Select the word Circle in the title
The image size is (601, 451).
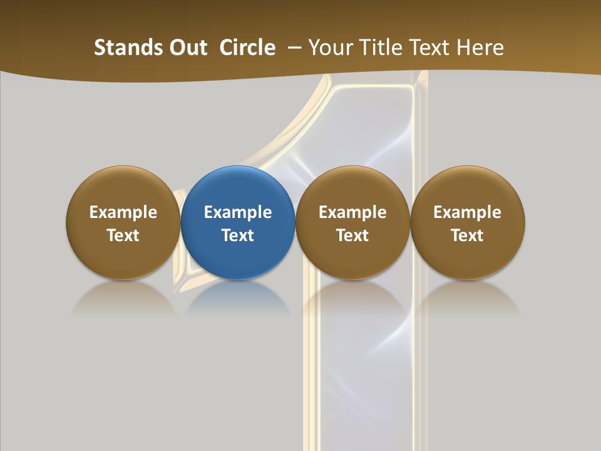pyautogui.click(x=247, y=48)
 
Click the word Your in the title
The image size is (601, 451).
pyautogui.click(x=329, y=48)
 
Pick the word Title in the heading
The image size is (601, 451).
pyautogui.click(x=377, y=48)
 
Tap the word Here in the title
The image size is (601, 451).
pyautogui.click(x=480, y=48)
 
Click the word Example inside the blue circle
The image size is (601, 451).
pyautogui.click(x=238, y=212)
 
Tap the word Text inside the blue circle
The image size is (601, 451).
pyautogui.click(x=238, y=236)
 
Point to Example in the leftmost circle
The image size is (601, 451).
pyautogui.click(x=123, y=212)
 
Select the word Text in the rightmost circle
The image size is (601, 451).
pyautogui.click(x=468, y=236)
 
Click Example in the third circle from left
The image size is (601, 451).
pyautogui.click(x=352, y=212)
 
